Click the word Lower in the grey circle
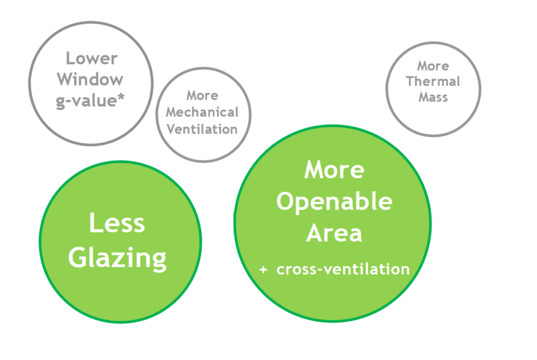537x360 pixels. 91,59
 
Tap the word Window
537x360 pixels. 90,80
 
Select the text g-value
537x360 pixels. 86,101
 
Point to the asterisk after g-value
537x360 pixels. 120,97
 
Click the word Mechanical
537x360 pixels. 202,112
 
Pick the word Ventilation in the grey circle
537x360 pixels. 202,130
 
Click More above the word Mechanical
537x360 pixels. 202,96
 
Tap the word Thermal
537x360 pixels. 433,81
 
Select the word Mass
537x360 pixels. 433,97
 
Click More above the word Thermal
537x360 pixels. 433,66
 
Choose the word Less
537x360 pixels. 117,223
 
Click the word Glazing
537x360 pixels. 118,259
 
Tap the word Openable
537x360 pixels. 334,202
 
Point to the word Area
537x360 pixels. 334,233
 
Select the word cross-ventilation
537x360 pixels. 343,269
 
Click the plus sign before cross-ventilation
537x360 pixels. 263,270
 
